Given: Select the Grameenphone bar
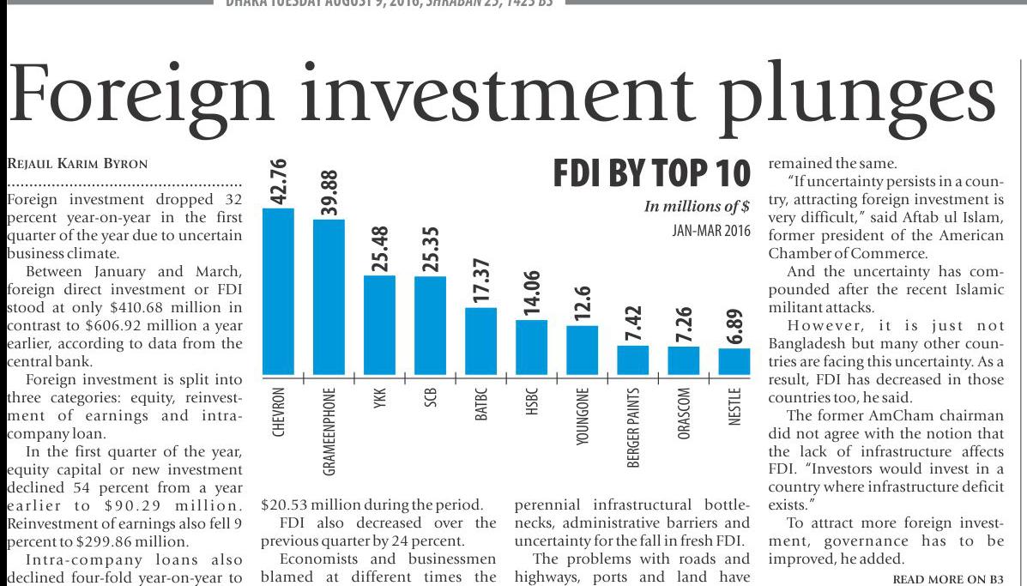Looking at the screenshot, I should pos(329,296).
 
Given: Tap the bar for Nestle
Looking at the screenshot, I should pos(734,361).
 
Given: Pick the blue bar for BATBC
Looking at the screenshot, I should pos(480,341).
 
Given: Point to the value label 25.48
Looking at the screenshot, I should pos(379,246).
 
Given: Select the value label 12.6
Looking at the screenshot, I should pos(582,301).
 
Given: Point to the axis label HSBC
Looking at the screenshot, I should pos(531,404).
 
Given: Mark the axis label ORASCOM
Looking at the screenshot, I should pos(684,417).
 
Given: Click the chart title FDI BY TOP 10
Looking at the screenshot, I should pos(651,173).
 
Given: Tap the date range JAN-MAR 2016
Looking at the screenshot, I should pos(711,230).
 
